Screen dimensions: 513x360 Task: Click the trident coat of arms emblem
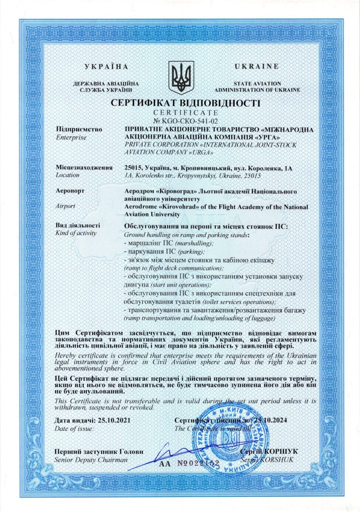[180, 78]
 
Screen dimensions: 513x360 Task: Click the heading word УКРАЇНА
[107, 67]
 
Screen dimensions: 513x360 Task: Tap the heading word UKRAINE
[257, 67]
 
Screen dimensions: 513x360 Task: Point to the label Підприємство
[80, 130]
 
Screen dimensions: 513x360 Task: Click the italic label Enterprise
[72, 137]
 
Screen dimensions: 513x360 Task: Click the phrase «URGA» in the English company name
[198, 153]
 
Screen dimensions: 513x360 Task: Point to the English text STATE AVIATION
[257, 84]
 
